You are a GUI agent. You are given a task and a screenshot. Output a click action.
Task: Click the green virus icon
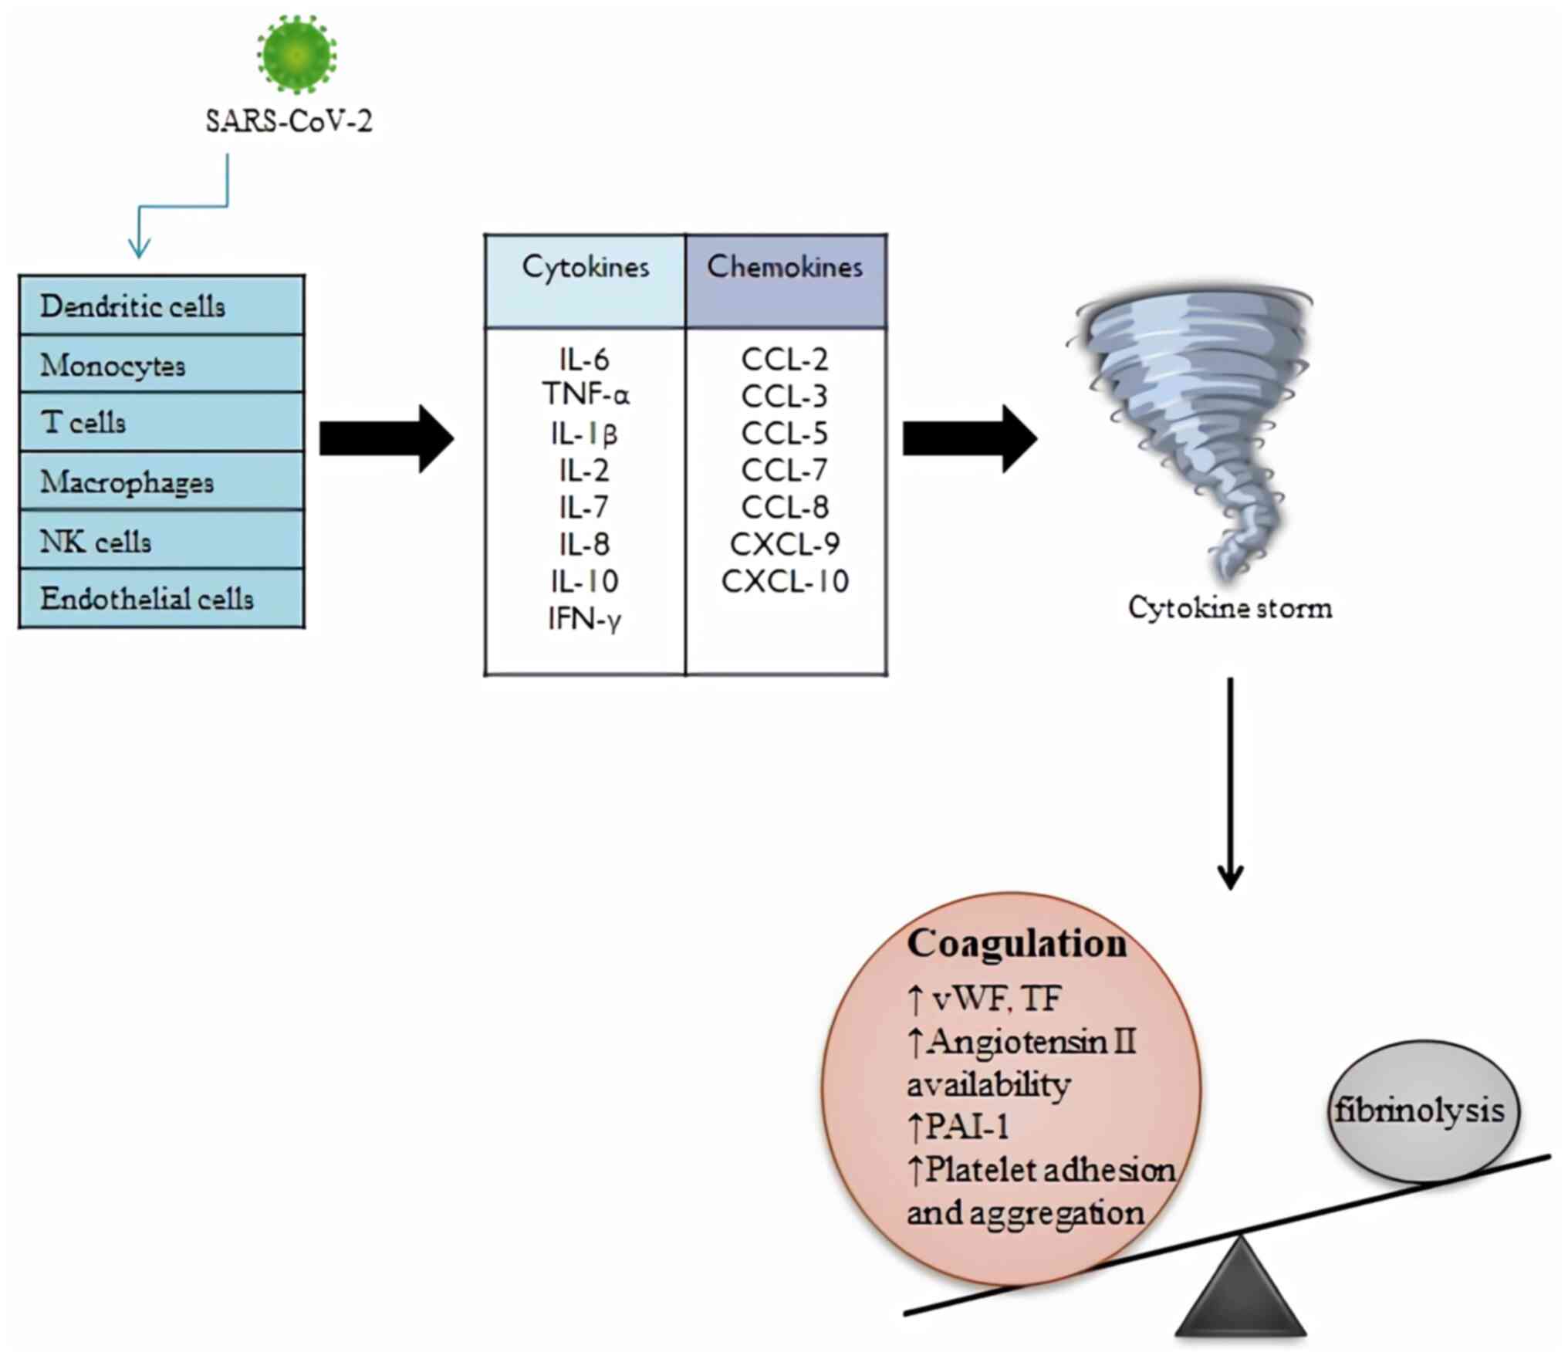(297, 54)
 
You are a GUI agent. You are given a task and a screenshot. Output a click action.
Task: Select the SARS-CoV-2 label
(289, 121)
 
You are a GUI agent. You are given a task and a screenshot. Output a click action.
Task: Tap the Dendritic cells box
(162, 306)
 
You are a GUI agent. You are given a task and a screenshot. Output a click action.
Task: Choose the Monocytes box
(162, 364)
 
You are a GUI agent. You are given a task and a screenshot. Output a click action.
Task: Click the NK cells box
(162, 540)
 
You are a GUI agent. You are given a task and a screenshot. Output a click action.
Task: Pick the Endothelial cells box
(162, 599)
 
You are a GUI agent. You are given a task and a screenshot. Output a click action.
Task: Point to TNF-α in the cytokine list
(586, 394)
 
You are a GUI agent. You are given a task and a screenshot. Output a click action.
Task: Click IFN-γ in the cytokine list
(584, 619)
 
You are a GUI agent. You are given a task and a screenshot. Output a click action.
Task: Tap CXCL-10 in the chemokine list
(786, 581)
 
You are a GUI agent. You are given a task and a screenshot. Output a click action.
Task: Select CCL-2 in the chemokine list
(785, 359)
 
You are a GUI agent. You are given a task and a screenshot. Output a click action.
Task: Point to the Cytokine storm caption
(1230, 608)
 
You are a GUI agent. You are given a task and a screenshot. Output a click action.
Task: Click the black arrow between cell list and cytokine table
(387, 438)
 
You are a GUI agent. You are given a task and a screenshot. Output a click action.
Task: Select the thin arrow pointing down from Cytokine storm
(1230, 784)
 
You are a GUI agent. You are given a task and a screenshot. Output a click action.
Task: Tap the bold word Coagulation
(1017, 944)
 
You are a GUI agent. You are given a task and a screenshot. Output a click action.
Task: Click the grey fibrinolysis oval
(1424, 1111)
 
